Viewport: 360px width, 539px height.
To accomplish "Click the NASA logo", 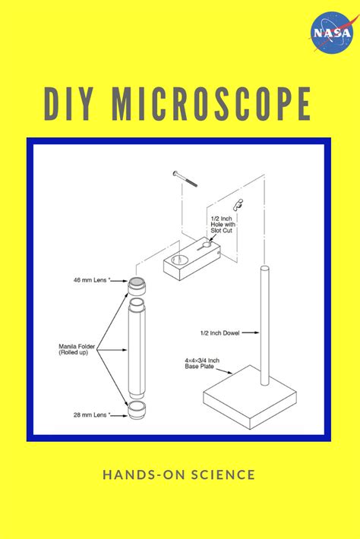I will [331, 33].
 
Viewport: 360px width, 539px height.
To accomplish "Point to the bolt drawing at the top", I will [185, 178].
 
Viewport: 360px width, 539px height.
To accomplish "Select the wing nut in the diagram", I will [239, 203].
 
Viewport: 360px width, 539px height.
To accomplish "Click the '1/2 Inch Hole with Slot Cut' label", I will [224, 225].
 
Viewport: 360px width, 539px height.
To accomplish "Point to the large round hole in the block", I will [179, 260].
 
